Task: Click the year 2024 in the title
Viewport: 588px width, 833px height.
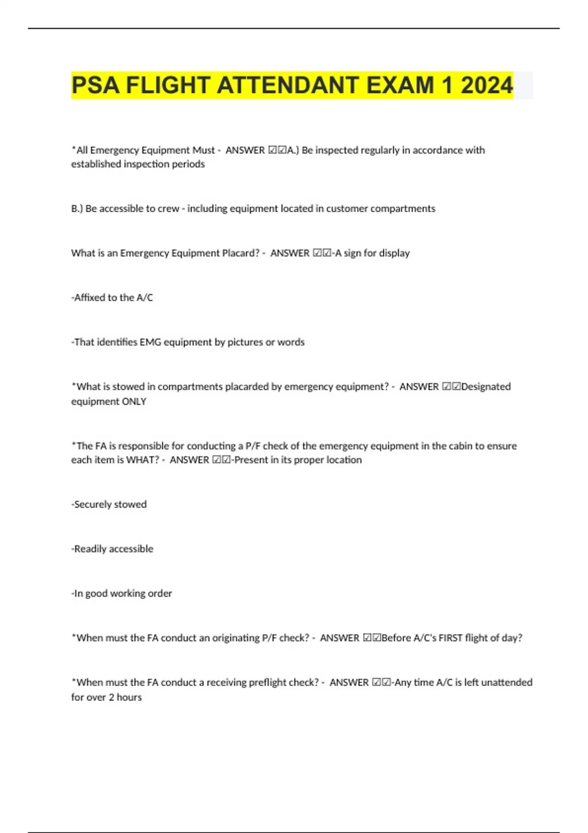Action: [487, 85]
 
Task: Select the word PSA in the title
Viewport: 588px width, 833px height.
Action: [96, 85]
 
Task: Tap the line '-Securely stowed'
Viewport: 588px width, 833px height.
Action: [109, 504]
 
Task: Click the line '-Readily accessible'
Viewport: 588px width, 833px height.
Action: [112, 549]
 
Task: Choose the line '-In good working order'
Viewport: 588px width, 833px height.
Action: [122, 593]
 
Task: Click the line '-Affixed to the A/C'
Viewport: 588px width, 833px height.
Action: [112, 297]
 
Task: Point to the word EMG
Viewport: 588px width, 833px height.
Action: [150, 342]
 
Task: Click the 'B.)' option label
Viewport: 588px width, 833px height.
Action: [77, 209]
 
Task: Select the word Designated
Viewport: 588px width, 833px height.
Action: [486, 387]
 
